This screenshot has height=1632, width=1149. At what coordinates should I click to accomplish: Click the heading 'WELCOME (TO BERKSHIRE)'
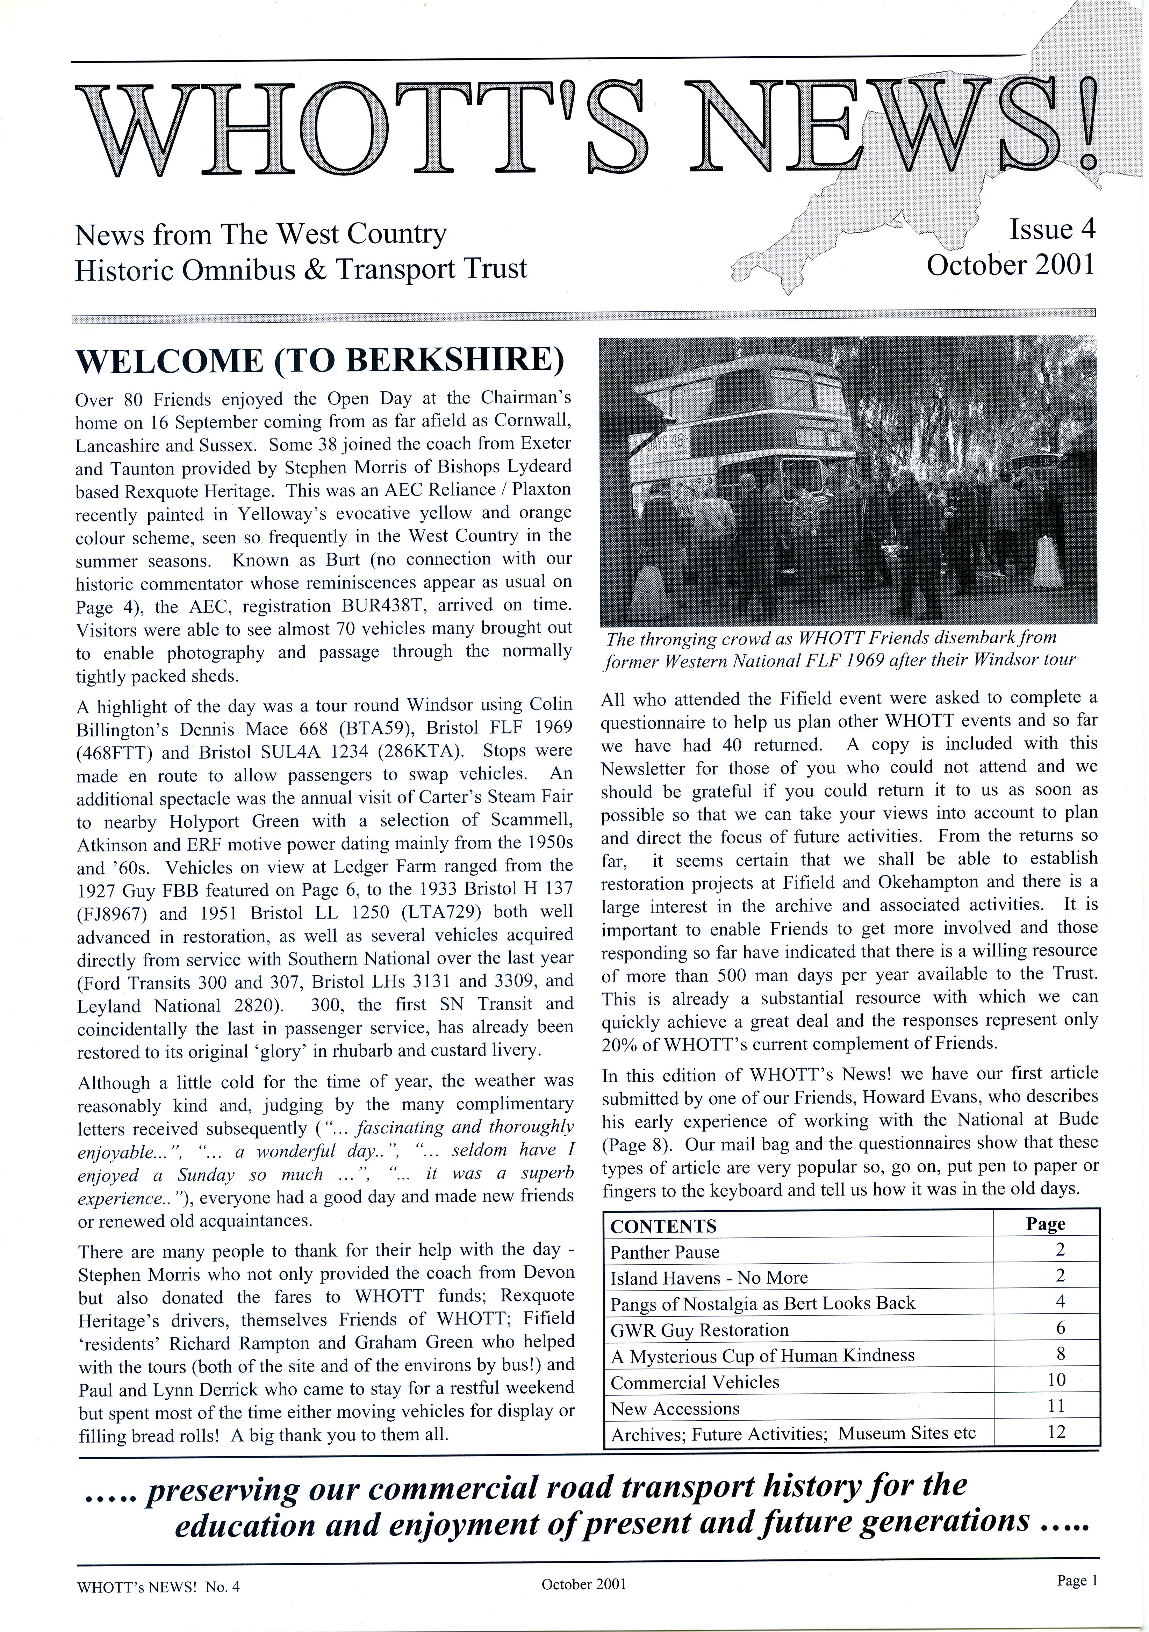click(320, 360)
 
